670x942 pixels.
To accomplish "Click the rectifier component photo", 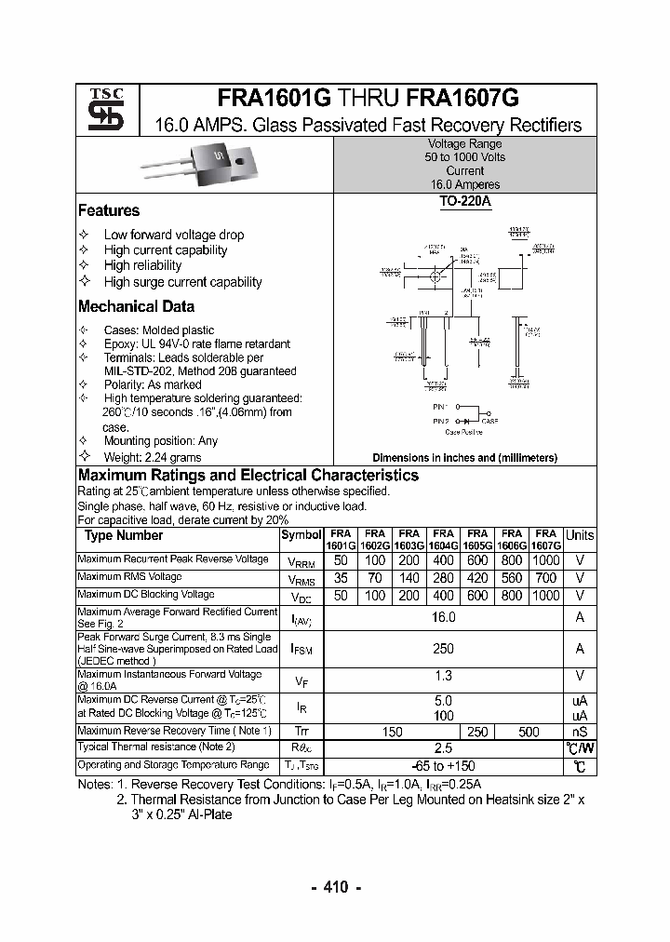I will click(200, 166).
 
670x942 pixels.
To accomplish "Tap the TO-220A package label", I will click(464, 200).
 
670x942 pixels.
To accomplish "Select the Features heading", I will click(109, 211).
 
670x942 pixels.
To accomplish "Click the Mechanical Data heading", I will click(136, 307).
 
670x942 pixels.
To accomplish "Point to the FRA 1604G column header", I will click(443, 540).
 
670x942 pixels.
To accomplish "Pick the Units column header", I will click(579, 535).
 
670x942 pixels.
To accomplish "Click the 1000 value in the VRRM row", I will click(545, 560).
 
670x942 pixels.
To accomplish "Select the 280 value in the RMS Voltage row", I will click(443, 578).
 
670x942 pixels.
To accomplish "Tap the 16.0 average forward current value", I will click(443, 617).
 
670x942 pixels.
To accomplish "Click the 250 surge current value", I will click(443, 649).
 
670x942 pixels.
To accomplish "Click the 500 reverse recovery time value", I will click(529, 733).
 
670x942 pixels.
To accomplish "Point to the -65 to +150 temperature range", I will click(443, 766).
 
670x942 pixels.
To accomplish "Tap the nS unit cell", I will click(579, 733).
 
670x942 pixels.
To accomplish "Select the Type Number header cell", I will click(124, 535).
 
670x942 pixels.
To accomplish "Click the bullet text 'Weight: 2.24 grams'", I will click(153, 457).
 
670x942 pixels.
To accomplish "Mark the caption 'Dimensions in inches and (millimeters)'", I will click(464, 458).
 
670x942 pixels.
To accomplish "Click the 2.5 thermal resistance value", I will click(443, 748).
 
